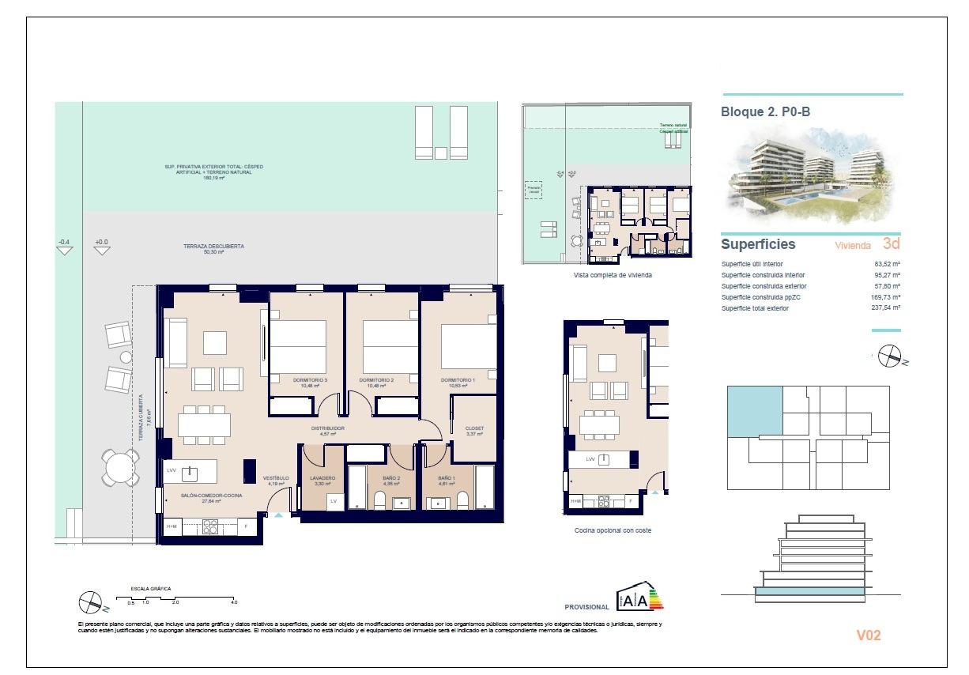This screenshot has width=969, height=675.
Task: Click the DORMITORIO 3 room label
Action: pyautogui.click(x=304, y=380)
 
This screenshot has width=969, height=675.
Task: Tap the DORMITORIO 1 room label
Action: pyautogui.click(x=458, y=380)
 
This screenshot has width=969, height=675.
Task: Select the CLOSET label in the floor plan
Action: pyautogui.click(x=474, y=428)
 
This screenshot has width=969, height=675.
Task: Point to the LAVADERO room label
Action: pyautogui.click(x=322, y=478)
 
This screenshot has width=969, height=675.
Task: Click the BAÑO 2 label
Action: pyautogui.click(x=392, y=478)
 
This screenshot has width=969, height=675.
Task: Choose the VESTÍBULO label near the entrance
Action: pyautogui.click(x=276, y=478)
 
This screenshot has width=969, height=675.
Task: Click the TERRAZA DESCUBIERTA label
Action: pyautogui.click(x=213, y=247)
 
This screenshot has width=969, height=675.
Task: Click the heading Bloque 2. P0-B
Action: pyautogui.click(x=765, y=112)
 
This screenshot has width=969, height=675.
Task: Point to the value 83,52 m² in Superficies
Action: pyautogui.click(x=887, y=264)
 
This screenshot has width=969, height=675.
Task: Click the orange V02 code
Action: pyautogui.click(x=868, y=635)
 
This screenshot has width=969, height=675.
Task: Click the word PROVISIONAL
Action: pyautogui.click(x=586, y=607)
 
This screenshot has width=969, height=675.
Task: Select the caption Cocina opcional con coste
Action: pyautogui.click(x=613, y=530)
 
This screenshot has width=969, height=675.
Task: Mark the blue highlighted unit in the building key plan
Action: pyautogui.click(x=754, y=411)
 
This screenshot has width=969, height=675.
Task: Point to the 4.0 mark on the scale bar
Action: pyautogui.click(x=234, y=602)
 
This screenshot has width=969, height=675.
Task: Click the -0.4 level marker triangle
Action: pyautogui.click(x=64, y=251)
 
